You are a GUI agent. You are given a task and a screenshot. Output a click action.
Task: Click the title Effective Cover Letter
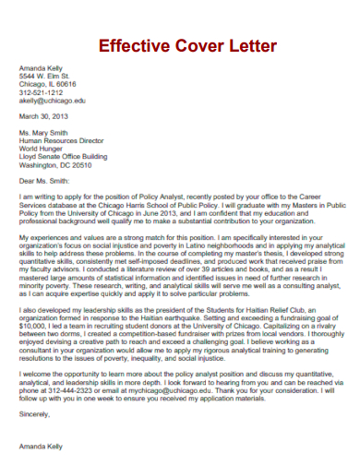(x=187, y=45)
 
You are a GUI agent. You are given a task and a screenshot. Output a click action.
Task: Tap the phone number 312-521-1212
(x=42, y=92)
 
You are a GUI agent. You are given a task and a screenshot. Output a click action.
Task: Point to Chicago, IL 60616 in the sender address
(x=50, y=84)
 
